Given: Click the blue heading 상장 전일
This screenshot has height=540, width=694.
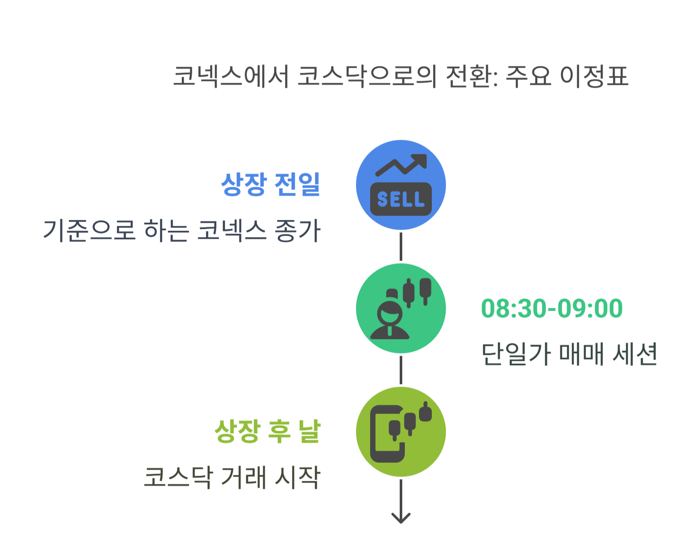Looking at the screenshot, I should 270,184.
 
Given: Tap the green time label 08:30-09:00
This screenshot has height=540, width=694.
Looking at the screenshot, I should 552,309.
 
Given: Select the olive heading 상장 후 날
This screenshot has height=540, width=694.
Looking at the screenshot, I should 267,431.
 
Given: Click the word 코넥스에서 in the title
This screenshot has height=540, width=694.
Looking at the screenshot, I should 231,77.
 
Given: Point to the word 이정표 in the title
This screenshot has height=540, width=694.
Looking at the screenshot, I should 594,77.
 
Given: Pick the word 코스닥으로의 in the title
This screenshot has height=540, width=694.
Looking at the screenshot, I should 367,77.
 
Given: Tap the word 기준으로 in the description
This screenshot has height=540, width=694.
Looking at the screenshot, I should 89,231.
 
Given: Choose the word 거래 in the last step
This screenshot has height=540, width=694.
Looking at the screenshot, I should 243,477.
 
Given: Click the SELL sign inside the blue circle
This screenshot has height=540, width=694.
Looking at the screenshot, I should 401,199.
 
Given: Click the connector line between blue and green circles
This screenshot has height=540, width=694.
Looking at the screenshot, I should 401,247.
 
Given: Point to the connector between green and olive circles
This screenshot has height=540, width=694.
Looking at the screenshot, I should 401,370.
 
